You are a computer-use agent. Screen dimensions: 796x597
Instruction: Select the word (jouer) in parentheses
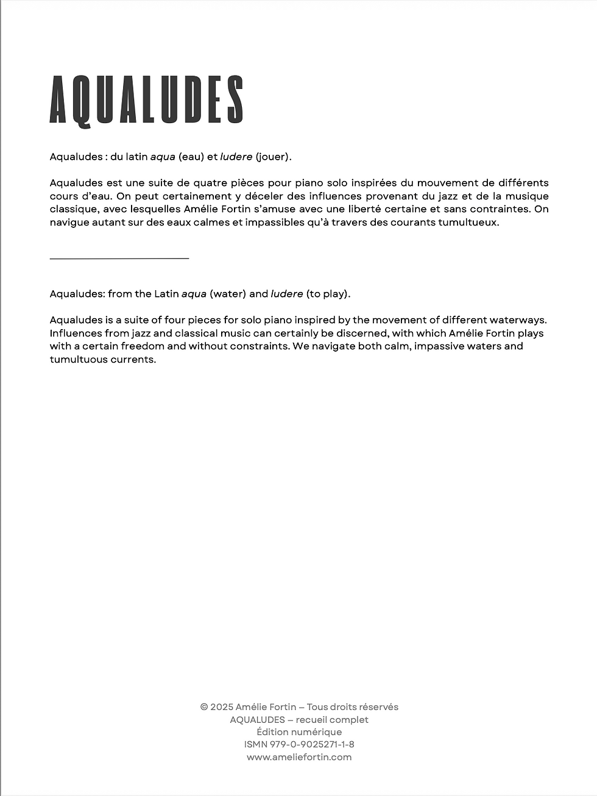(x=274, y=157)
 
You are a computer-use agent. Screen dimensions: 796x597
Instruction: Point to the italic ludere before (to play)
(x=286, y=294)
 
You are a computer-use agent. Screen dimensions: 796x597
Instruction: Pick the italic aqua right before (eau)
(x=163, y=157)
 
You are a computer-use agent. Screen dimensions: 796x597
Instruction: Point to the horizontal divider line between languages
(x=119, y=259)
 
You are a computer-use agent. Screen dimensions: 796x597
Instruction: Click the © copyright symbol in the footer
(x=204, y=707)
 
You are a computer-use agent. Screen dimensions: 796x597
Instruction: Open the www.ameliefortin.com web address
(x=299, y=757)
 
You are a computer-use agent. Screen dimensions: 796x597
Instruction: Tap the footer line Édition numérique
(x=299, y=732)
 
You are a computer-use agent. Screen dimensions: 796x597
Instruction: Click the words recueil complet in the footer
(x=332, y=720)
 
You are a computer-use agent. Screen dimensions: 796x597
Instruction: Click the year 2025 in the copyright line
(x=222, y=707)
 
